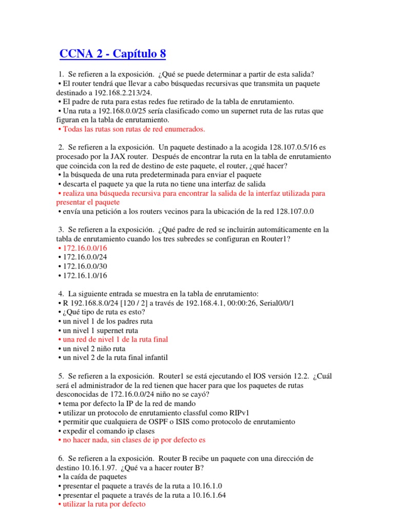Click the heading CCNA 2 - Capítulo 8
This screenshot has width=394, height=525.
[x=113, y=54]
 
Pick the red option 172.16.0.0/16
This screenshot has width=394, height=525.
[x=83, y=248]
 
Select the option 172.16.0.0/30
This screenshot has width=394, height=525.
[x=83, y=266]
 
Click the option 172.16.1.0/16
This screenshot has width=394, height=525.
[x=83, y=275]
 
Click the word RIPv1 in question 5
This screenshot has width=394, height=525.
[x=231, y=412]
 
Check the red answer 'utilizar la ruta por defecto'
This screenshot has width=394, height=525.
[x=104, y=504]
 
